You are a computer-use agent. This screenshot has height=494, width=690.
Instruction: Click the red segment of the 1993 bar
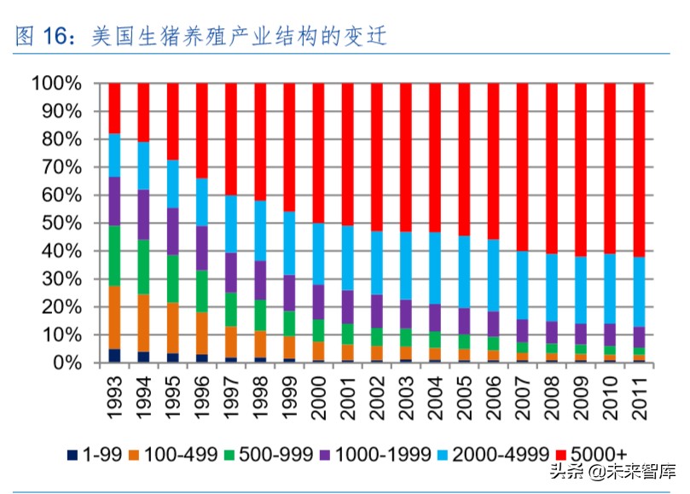[114, 108]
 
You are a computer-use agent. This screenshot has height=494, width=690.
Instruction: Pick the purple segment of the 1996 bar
[201, 247]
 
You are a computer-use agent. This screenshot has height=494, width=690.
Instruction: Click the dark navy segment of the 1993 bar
[114, 356]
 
